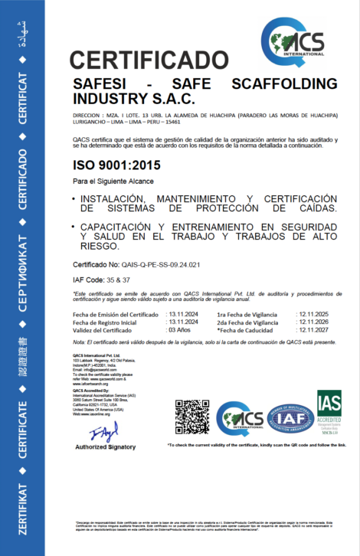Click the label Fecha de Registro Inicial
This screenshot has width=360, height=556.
coord(110,322)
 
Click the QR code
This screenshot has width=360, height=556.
coord(191,417)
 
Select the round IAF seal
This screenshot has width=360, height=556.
coord(284,417)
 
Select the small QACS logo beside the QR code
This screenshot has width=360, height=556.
coord(239,417)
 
